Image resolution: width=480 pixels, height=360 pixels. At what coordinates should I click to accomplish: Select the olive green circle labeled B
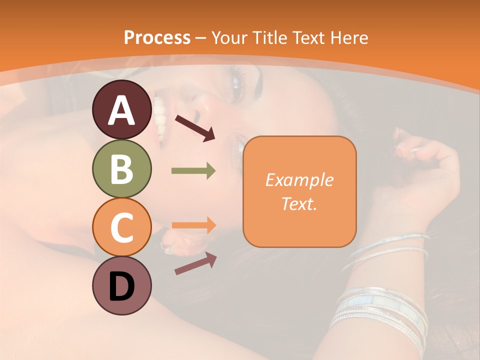(121, 168)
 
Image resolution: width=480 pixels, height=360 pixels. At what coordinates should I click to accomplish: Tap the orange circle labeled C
(121, 227)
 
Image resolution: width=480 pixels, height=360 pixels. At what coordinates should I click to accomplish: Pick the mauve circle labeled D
(121, 285)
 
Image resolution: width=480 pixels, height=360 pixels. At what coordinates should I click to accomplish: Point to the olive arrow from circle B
(193, 171)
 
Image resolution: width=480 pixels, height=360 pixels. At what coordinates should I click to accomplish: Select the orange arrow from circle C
(193, 225)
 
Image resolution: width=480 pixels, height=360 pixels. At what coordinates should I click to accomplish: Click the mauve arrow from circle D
(195, 263)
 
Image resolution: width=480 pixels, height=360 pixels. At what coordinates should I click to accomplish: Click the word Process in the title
(157, 37)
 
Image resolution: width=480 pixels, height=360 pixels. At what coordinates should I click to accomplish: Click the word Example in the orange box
(299, 180)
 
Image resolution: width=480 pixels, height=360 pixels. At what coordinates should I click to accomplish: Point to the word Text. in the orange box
(299, 204)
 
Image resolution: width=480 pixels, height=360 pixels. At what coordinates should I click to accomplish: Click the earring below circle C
(167, 247)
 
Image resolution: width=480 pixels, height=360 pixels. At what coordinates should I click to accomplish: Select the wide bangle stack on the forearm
(380, 310)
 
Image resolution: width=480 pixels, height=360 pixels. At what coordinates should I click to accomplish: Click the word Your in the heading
(227, 37)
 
